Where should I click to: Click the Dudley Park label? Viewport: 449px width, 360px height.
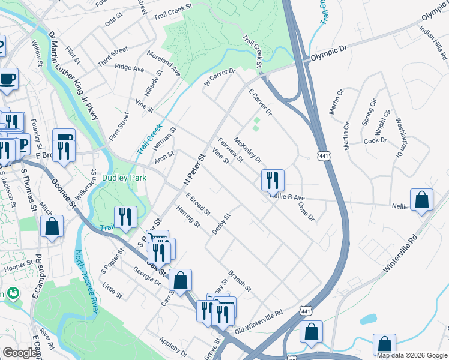[121, 178]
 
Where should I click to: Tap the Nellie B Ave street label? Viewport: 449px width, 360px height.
[288, 197]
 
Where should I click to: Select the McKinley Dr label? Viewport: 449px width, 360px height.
[248, 151]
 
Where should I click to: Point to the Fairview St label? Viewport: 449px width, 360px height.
[230, 151]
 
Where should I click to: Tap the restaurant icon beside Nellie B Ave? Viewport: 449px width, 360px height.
[273, 179]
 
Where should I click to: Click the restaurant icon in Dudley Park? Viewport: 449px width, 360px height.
[125, 217]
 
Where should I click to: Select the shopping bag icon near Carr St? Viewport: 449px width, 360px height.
[180, 280]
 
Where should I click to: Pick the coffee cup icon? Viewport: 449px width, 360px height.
[8, 79]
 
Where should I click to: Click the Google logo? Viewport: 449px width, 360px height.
[20, 353]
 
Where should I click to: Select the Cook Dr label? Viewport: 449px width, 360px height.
[375, 141]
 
